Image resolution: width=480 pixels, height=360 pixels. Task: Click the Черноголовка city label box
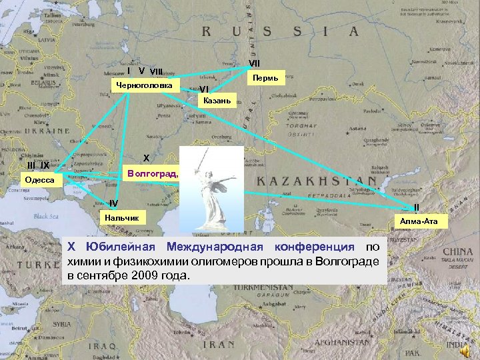(x=145, y=85)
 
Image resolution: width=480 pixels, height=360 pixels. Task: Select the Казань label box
(x=217, y=101)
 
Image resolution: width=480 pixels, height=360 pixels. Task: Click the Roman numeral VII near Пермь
(x=254, y=64)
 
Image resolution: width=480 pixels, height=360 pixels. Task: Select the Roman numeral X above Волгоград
(x=146, y=159)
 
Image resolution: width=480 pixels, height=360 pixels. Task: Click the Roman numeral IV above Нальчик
(x=114, y=203)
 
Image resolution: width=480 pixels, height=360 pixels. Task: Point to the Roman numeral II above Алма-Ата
(x=416, y=207)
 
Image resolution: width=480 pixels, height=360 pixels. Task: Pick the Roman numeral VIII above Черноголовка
(x=157, y=71)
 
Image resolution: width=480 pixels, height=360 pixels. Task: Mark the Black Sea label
(x=46, y=216)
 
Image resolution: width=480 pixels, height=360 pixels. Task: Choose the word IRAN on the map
(x=219, y=345)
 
